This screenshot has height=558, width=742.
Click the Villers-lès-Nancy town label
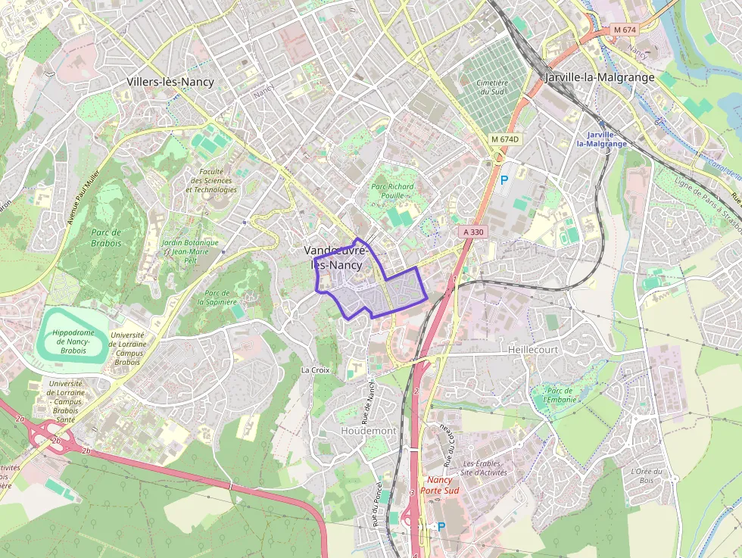170,82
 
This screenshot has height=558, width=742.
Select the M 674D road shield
505,139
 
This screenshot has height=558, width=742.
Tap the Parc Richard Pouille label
392,191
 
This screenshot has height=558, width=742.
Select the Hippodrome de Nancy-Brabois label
73,341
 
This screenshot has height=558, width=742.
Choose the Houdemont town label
369,430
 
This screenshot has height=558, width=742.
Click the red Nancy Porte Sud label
439,485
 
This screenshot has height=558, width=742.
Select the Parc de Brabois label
107,238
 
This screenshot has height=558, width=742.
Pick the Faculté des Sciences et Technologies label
211,180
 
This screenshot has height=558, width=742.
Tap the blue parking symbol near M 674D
504,181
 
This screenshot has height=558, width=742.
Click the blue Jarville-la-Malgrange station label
602,139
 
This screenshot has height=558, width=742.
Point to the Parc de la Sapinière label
217,297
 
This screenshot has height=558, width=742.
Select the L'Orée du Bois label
646,475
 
